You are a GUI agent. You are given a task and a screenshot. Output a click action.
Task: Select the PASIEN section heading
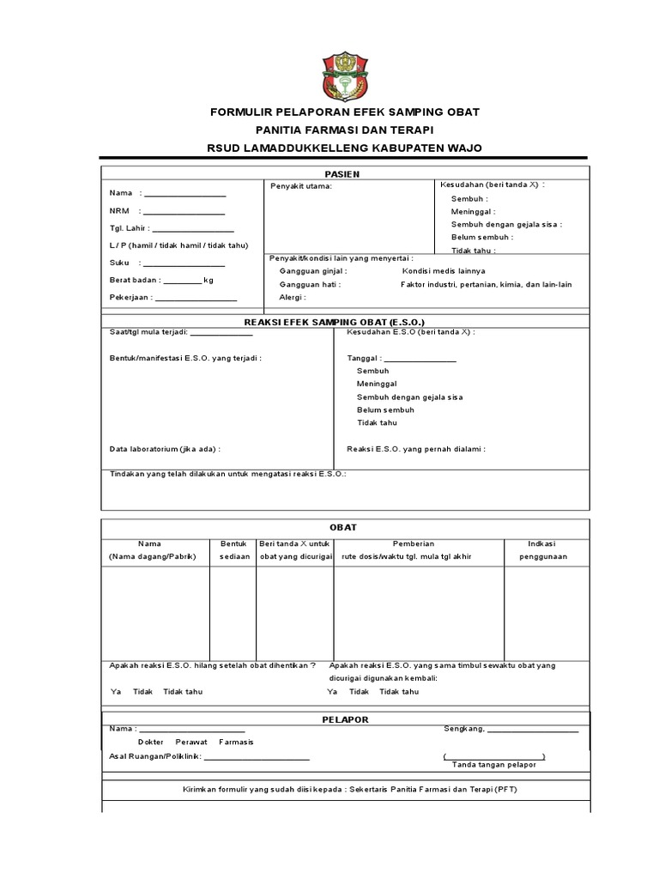[x=345, y=173]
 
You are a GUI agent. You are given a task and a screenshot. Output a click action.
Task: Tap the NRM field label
[x=118, y=210]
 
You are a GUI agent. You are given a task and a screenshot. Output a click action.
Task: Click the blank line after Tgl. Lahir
[x=193, y=229]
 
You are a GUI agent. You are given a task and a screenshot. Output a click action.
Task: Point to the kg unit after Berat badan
[x=209, y=280]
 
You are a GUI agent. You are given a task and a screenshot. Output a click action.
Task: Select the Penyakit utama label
[x=300, y=185]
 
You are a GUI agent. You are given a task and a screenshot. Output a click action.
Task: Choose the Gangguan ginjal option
[x=312, y=270]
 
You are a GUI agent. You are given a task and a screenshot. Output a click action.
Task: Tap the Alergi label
[x=292, y=297]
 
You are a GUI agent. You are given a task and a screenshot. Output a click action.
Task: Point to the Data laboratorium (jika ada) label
[x=165, y=448]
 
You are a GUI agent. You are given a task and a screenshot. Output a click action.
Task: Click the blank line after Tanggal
[x=420, y=359]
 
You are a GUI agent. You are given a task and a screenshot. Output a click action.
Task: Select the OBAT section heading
[x=344, y=527]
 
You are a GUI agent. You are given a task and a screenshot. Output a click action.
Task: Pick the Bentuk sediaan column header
[x=233, y=550]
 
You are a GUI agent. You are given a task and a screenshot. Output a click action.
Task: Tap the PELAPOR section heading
[x=344, y=719]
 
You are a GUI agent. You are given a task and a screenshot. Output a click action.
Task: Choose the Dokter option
[x=152, y=742]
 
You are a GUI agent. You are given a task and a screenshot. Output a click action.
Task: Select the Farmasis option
[x=236, y=742]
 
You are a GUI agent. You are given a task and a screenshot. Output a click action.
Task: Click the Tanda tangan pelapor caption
[x=493, y=764]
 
